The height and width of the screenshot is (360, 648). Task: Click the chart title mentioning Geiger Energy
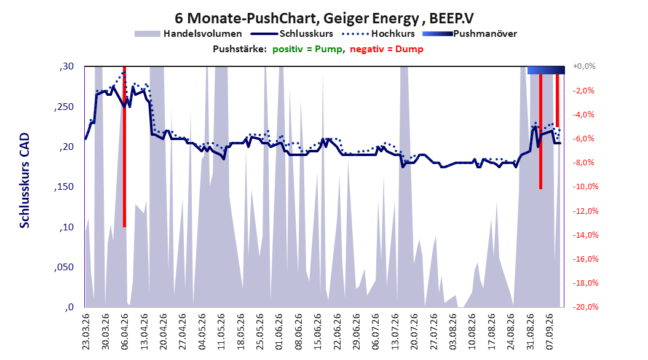point(324,18)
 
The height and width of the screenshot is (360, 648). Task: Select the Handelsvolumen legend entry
point(189,34)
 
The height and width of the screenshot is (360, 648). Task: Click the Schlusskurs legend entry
point(292,34)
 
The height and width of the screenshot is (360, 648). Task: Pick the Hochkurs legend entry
point(378,34)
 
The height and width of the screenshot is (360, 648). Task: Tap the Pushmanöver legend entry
point(470,34)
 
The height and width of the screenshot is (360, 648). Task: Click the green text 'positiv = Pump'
point(307,49)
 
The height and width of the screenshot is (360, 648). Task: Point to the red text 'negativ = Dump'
point(387,49)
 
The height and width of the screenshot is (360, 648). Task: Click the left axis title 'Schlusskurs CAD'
point(25,181)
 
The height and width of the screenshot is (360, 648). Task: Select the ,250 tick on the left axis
point(64,106)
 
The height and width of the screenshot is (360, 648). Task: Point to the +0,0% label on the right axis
point(584,66)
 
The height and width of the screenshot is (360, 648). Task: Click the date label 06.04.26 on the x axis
point(124,332)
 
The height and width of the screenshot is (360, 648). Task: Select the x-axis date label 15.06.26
point(317,332)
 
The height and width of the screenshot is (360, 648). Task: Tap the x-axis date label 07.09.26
point(550,332)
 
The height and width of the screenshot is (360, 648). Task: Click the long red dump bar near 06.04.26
point(124,147)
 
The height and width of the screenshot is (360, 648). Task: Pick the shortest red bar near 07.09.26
point(557,100)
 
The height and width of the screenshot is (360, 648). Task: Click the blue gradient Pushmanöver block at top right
point(546,70)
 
